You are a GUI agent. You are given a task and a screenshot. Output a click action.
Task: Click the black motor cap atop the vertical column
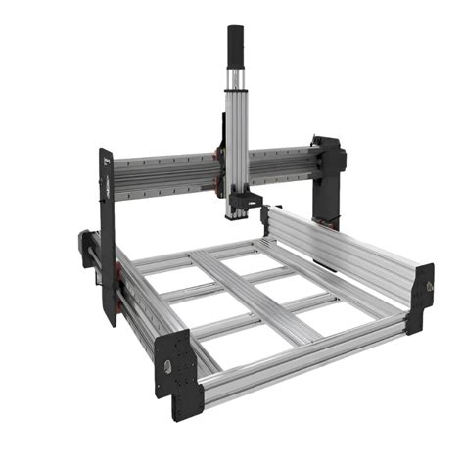(236, 44)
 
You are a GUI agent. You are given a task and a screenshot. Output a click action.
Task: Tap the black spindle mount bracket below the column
(246, 204)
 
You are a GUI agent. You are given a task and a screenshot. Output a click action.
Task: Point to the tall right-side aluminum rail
(343, 250)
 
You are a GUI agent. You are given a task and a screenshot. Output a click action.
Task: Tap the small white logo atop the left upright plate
(105, 155)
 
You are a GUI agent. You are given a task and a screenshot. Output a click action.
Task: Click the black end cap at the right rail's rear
(265, 219)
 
